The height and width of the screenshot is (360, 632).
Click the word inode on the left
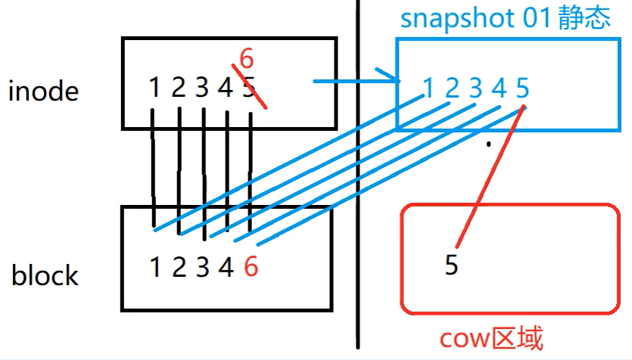click(43, 92)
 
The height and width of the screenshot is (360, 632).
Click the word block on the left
click(45, 275)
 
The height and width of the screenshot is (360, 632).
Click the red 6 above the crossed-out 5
click(246, 58)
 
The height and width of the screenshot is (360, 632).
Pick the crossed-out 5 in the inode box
click(249, 88)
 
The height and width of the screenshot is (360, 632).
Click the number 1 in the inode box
click(154, 88)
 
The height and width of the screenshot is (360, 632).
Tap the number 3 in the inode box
click(201, 88)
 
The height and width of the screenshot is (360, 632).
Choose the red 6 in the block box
click(251, 267)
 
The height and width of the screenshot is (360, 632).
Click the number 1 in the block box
click(155, 267)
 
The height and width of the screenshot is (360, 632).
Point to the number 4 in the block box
click(226, 267)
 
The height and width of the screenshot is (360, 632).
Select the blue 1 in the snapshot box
click(429, 89)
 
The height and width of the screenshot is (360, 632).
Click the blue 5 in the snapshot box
click(522, 89)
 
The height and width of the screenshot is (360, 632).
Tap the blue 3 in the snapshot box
click(475, 89)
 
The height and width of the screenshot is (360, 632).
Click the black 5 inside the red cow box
click(451, 267)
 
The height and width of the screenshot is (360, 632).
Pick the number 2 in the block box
click(179, 267)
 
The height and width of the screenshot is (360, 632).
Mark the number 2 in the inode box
click(178, 88)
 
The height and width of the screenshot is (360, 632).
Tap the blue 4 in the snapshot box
click(499, 89)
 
